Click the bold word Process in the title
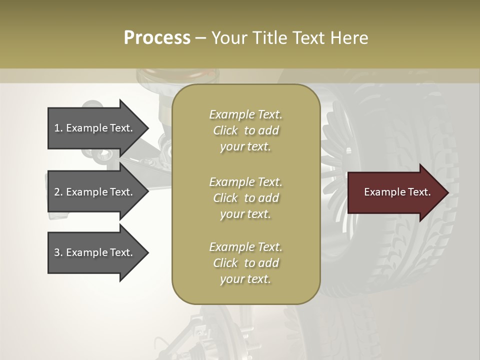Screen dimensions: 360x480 click(157, 38)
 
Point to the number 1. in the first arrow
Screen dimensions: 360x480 click(58, 128)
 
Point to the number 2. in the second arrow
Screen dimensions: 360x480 click(58, 192)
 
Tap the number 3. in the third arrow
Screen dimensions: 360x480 click(58, 252)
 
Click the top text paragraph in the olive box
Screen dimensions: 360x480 click(245, 130)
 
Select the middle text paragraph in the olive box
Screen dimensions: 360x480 click(245, 198)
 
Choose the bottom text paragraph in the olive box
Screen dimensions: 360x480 click(245, 263)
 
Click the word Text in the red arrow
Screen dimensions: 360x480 click(419, 192)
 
